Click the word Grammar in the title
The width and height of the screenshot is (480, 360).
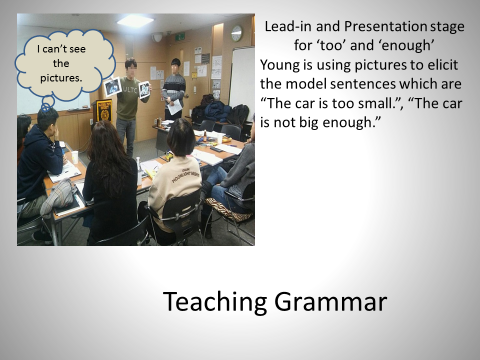pos(330,302)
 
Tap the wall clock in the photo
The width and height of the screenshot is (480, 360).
pos(236,33)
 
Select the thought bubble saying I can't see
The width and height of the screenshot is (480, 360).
pos(65,66)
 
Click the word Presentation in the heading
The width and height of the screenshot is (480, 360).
pos(385,26)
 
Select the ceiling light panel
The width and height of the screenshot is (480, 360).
pos(135,19)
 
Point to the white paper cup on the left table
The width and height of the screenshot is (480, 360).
pos(74,157)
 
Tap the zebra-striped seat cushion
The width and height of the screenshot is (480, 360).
pos(229,209)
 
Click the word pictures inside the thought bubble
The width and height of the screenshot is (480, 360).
pos(61,78)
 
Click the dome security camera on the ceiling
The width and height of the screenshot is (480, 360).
pos(157,37)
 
